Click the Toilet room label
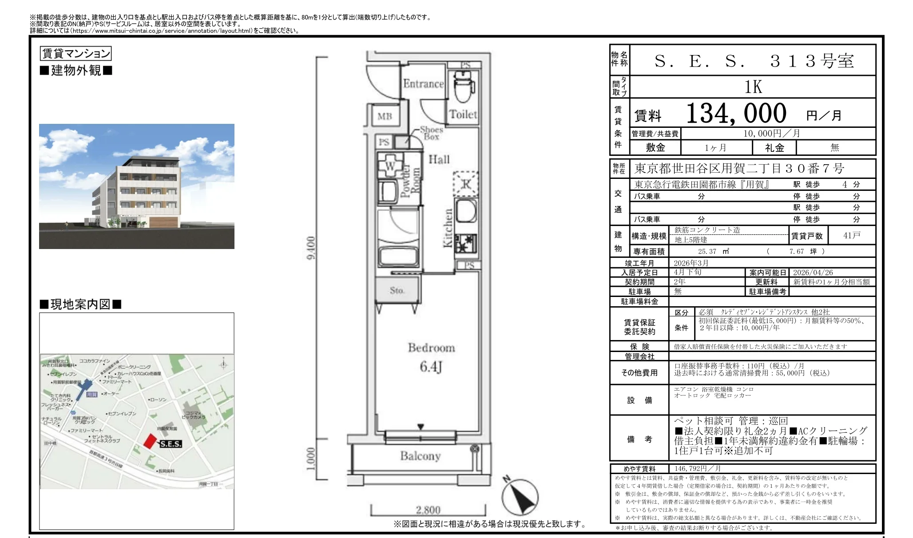coord(463,115)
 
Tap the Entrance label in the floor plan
coord(423,84)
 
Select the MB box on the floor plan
coord(385,116)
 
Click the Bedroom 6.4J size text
coord(431,367)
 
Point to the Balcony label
coord(420,456)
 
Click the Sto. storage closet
coord(397,290)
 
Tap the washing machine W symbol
coord(390,166)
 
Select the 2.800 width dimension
coord(428,510)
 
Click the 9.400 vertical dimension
coord(311,248)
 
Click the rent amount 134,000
coord(736,114)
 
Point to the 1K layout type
coord(753,87)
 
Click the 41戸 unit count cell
coord(851,236)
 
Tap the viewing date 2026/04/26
coord(813,273)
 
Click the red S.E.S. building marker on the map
coord(151,441)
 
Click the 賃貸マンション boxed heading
coord(75,54)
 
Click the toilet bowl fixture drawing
coord(464,89)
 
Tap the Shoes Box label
coord(431,133)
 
